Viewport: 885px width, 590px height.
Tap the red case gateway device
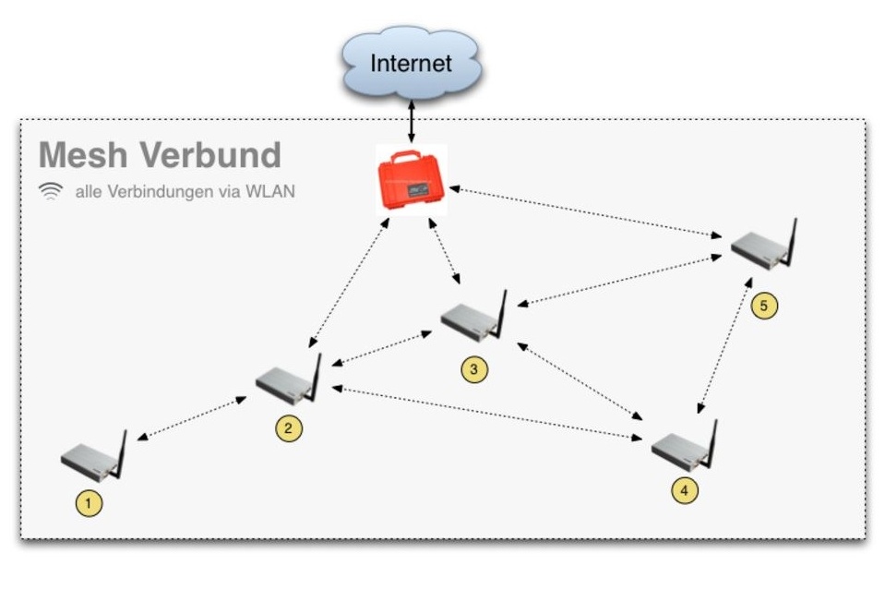click(x=412, y=180)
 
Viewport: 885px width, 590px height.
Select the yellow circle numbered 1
click(x=89, y=503)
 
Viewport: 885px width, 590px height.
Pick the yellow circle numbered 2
click(x=289, y=428)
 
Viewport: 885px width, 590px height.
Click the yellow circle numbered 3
click(x=473, y=369)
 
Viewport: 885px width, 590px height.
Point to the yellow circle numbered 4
click(x=684, y=491)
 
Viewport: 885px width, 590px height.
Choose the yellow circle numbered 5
click(x=764, y=306)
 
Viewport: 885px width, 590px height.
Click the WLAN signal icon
click(x=53, y=192)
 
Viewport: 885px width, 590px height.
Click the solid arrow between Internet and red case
click(x=411, y=119)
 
